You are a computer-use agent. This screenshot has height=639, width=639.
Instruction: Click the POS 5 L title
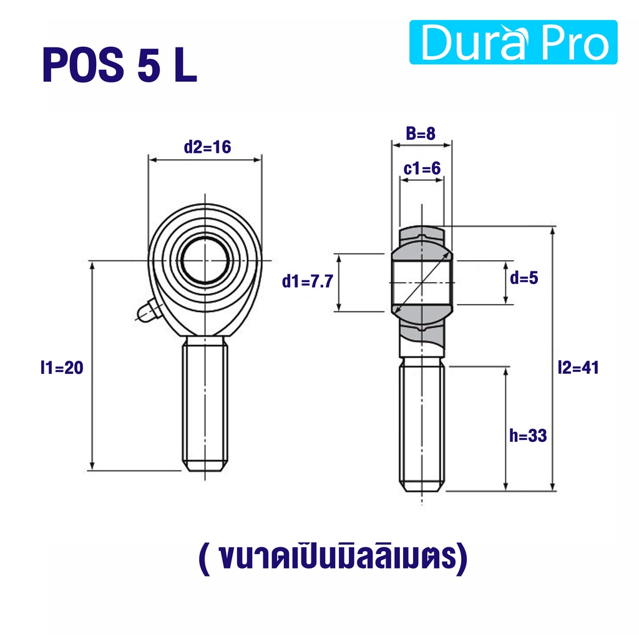tap(119, 65)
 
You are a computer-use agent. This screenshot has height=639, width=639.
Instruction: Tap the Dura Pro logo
tap(513, 42)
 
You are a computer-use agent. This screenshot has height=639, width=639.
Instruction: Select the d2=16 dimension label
tap(207, 147)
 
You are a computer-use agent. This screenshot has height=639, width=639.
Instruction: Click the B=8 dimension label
tap(421, 134)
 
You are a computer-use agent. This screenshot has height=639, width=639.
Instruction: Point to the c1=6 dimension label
tap(422, 168)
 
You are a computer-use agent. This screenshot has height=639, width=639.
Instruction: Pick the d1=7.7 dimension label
tap(308, 281)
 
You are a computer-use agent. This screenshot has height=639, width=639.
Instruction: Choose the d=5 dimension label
tap(524, 278)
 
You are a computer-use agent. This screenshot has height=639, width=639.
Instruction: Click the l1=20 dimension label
tap(62, 368)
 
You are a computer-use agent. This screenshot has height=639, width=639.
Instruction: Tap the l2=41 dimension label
tap(578, 368)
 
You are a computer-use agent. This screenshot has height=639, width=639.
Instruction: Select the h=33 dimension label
tap(528, 436)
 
